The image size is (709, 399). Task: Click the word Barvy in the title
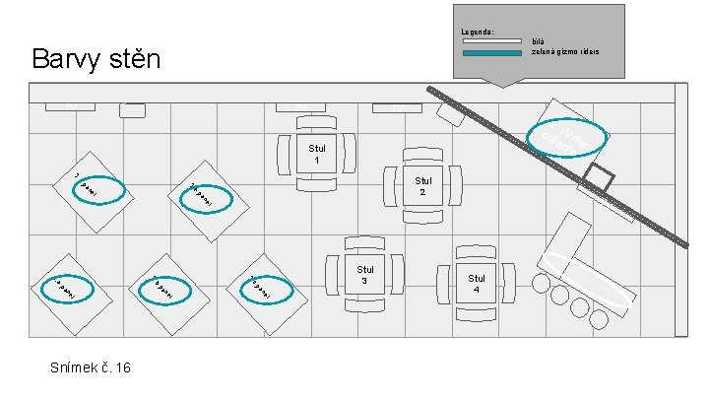[x=64, y=58]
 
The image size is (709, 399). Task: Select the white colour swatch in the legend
[x=492, y=42]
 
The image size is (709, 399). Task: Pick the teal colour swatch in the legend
[x=492, y=51]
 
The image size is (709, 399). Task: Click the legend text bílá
[x=538, y=42]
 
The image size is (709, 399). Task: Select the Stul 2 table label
[x=422, y=186]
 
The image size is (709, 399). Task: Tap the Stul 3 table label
[x=365, y=274]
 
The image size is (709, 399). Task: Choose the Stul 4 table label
[x=477, y=284]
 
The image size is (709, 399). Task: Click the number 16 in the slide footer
[x=121, y=367]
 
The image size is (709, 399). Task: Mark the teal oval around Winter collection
[x=566, y=138]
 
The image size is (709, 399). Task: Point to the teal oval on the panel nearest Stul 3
[x=267, y=287]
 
